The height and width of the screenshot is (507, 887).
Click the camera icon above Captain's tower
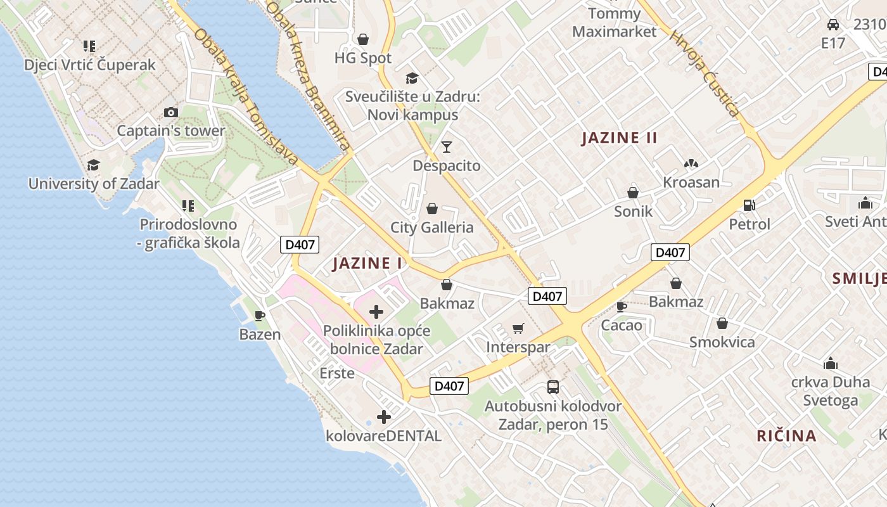point(171,112)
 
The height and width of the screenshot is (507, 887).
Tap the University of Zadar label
point(94,184)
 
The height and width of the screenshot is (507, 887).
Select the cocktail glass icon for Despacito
point(447,147)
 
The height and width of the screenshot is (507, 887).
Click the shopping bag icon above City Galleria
point(432,209)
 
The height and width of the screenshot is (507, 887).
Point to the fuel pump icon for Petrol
point(750,205)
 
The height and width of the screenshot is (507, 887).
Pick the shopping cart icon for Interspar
point(518,328)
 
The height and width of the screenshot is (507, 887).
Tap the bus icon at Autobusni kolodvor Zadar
point(553,387)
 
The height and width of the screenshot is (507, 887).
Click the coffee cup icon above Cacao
point(622,307)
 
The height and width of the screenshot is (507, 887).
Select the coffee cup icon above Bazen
point(260,315)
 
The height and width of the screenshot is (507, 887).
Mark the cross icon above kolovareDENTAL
point(384,417)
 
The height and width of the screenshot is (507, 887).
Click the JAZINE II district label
point(620,138)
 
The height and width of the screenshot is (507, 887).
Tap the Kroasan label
point(691,183)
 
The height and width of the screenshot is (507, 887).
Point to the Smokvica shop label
point(722,342)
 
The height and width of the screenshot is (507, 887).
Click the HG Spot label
point(363,58)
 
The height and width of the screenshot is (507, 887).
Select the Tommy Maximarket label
point(614,22)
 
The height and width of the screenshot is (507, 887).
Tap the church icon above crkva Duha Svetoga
point(831,363)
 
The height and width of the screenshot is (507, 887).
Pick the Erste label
point(337,373)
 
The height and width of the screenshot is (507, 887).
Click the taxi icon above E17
point(833,25)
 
